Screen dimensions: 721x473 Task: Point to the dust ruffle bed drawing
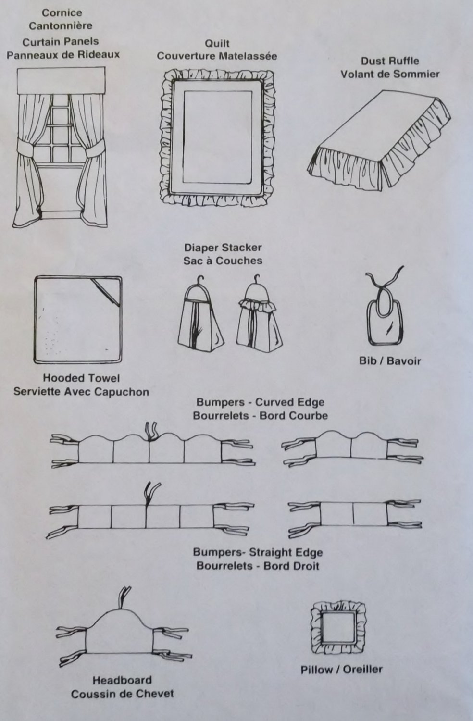[380, 139]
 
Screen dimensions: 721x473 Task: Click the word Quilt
[217, 43]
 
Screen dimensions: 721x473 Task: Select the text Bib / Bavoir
[389, 360]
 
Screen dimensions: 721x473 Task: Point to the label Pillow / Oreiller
[341, 669]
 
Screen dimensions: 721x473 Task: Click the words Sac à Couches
[223, 261]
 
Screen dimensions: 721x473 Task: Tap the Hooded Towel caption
[81, 378]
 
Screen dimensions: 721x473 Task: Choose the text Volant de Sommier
[390, 74]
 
